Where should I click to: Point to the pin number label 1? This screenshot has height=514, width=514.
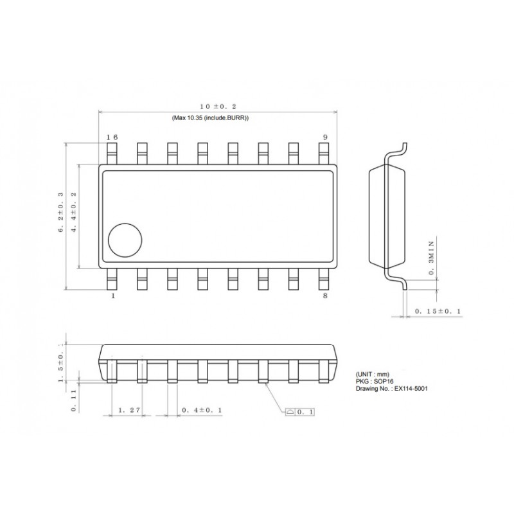[x=114, y=296]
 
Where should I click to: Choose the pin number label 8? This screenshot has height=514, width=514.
[x=325, y=296]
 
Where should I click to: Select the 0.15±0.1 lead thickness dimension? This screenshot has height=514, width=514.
[x=438, y=311]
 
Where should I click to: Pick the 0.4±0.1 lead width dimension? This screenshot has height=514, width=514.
[x=202, y=410]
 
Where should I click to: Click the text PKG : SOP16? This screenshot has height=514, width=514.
[x=376, y=382]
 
